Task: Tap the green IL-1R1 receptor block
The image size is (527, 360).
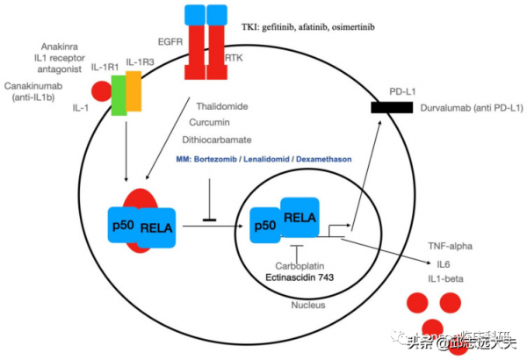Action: [118, 94]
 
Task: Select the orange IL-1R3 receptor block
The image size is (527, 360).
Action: [134, 90]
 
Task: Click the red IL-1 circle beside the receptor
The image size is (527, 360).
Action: [102, 90]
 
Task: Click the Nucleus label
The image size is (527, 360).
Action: [307, 306]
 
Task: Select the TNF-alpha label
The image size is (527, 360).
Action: [450, 246]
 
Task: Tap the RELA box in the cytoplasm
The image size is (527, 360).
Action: [155, 229]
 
